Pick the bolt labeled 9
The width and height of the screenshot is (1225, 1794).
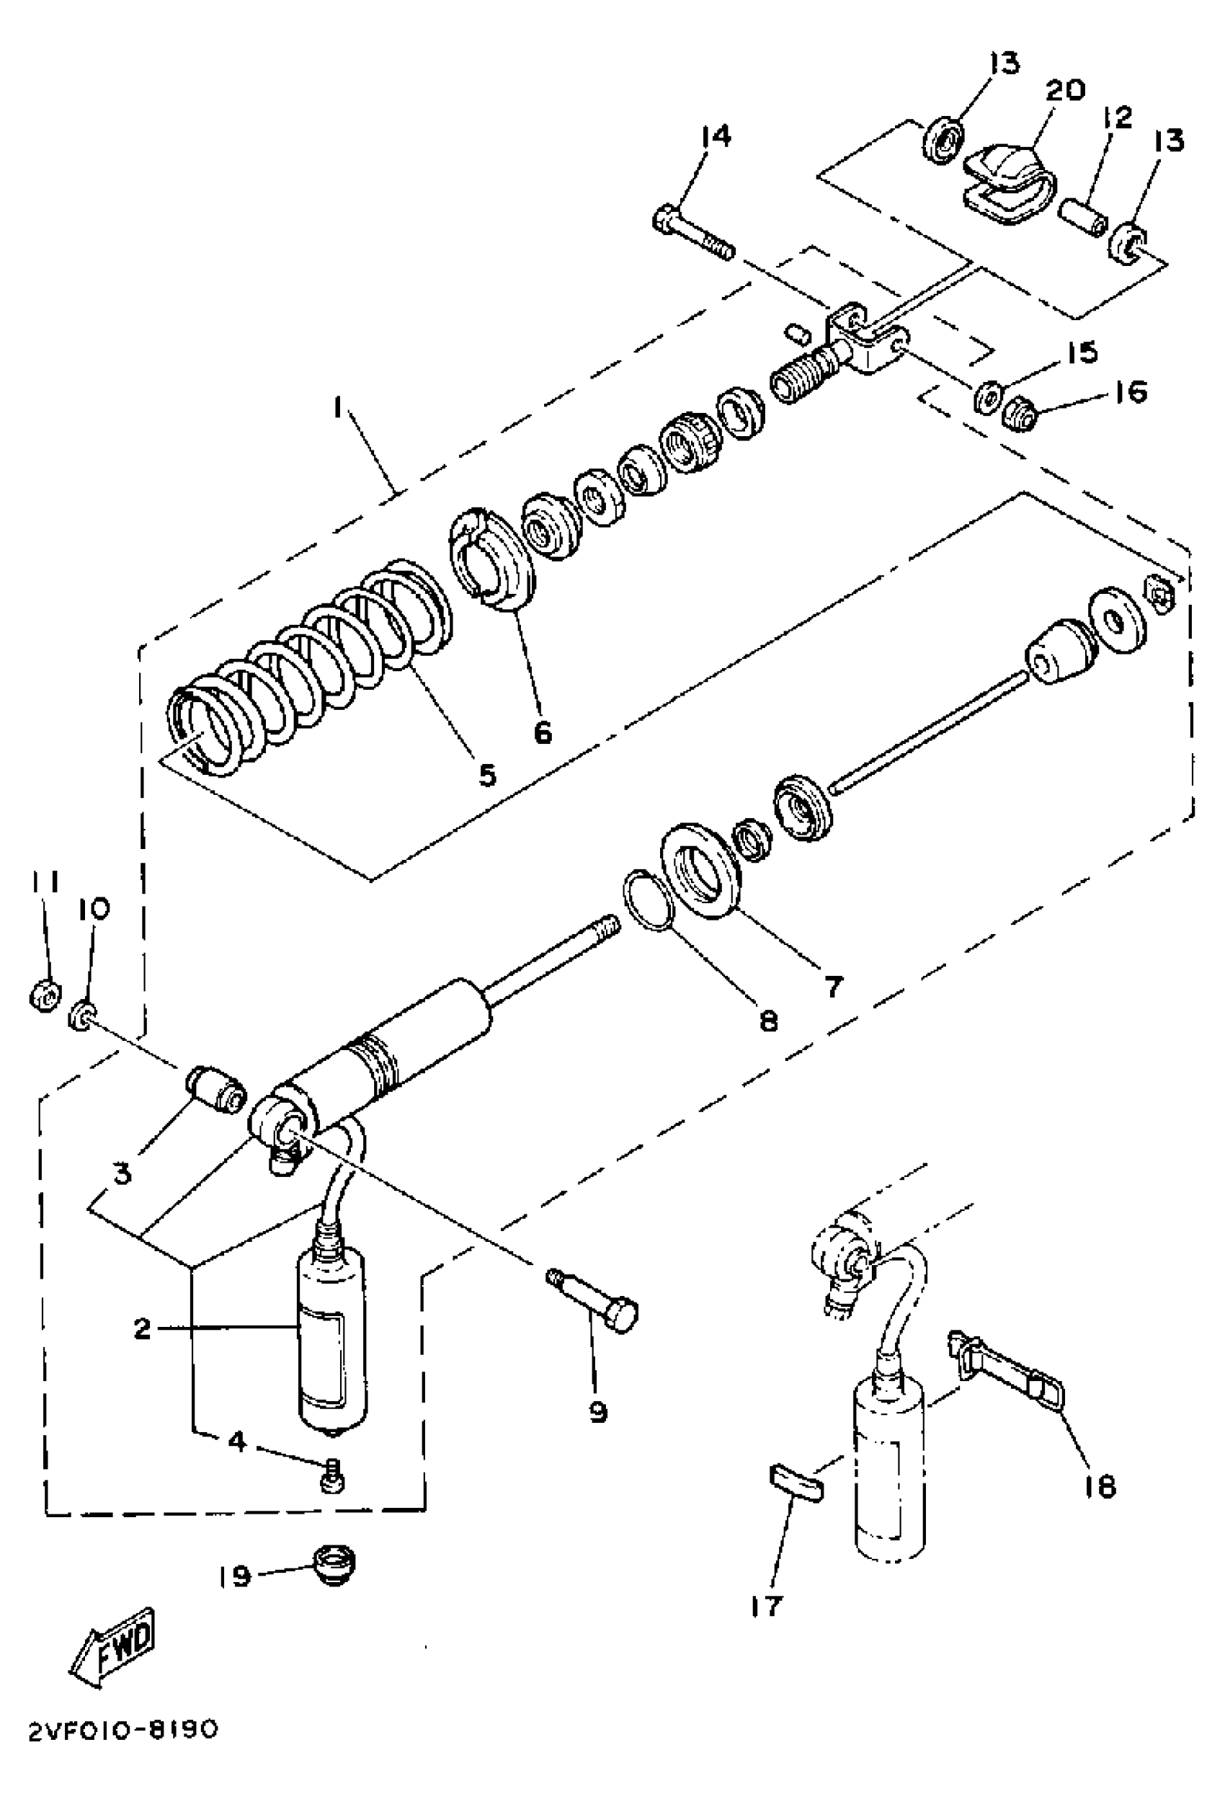pyautogui.click(x=593, y=1302)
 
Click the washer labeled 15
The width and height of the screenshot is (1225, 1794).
pyautogui.click(x=986, y=396)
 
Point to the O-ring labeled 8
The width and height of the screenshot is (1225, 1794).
pyautogui.click(x=649, y=898)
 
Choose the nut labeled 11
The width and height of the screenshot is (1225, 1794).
pyautogui.click(x=44, y=997)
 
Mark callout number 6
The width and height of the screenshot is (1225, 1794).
pyautogui.click(x=543, y=732)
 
